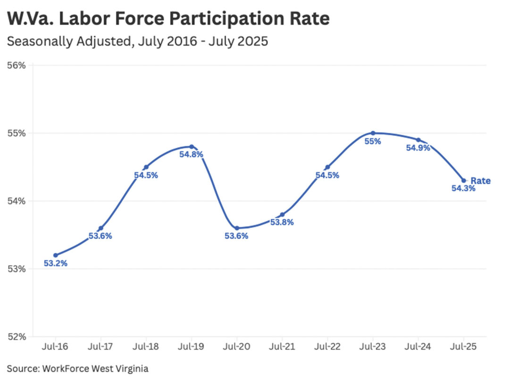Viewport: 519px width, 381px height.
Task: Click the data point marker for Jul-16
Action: tap(56, 255)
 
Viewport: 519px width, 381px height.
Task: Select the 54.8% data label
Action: tap(191, 154)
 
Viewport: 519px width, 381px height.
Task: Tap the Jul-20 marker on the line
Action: tap(237, 228)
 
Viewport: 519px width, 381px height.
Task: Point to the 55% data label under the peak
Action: tap(372, 141)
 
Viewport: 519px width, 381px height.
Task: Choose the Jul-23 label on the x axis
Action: tap(372, 347)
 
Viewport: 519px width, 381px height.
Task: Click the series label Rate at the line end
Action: tap(480, 181)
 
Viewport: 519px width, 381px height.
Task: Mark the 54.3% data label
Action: tap(463, 189)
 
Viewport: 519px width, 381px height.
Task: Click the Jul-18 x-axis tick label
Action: tap(146, 347)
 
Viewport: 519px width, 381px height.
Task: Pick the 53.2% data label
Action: tap(56, 264)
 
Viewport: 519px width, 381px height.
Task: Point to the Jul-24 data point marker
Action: tap(418, 140)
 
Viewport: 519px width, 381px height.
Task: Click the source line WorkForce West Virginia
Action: tap(77, 368)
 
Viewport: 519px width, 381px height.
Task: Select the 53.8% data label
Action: tap(282, 223)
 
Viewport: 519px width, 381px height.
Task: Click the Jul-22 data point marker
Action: tap(327, 167)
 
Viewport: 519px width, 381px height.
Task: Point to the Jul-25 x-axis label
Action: tap(463, 347)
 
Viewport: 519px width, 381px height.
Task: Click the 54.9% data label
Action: tap(418, 148)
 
